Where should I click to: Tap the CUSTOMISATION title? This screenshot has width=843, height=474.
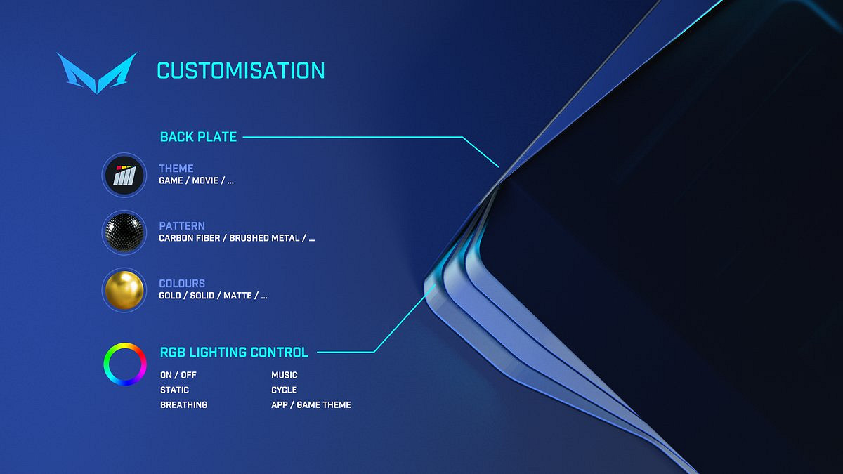point(241,71)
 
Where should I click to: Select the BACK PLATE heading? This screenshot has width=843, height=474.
point(198,137)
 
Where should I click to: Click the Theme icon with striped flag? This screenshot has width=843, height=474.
point(124,175)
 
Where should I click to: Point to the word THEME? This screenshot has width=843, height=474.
point(176,168)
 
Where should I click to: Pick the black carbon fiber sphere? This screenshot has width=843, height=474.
point(124,232)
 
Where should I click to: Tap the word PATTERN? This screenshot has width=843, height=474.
point(182,225)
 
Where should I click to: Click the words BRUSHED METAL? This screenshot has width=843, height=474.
point(264,238)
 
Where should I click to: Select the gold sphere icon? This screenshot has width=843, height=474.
point(124,290)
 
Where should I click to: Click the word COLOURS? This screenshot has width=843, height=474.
point(182,283)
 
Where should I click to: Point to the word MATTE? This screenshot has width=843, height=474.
point(237,296)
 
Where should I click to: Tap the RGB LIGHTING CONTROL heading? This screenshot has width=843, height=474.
point(234,353)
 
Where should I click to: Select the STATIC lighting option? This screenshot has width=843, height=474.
point(175,390)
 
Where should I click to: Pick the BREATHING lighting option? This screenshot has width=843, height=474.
point(183,405)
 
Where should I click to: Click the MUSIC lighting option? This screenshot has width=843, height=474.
point(285,375)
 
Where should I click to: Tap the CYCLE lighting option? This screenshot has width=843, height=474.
point(284,390)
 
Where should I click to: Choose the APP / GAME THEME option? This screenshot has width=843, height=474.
point(311,405)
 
